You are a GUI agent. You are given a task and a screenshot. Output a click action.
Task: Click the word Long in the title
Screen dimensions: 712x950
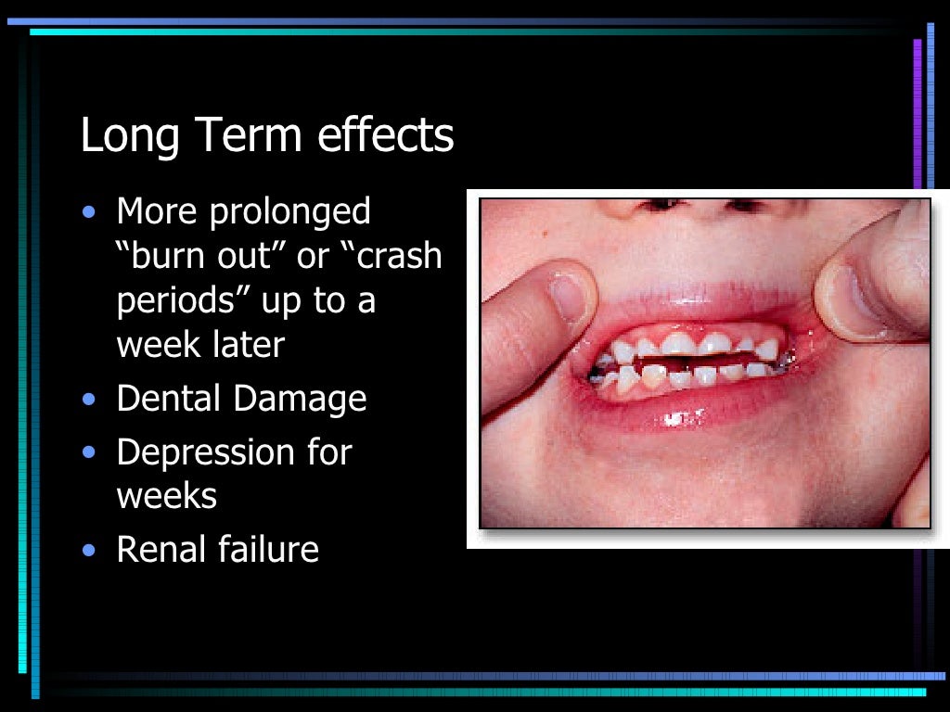(x=128, y=136)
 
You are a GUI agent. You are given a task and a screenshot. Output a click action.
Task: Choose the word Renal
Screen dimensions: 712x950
(x=160, y=550)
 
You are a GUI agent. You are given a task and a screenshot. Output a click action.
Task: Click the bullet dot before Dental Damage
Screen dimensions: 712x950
(x=88, y=400)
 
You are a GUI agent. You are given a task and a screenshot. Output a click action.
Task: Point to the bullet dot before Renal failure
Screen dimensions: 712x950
(x=88, y=551)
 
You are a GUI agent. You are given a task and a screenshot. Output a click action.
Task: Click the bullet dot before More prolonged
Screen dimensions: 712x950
(x=88, y=212)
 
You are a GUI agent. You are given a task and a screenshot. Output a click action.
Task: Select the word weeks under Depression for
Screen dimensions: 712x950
(x=167, y=495)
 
